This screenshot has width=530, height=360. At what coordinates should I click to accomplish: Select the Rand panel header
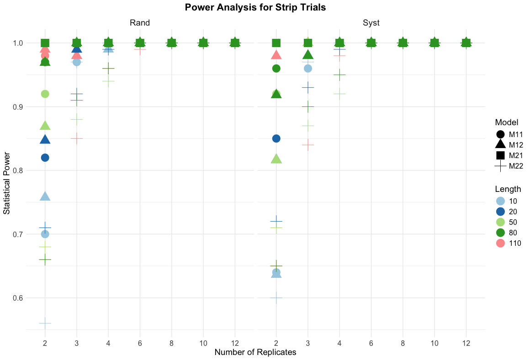click(x=140, y=22)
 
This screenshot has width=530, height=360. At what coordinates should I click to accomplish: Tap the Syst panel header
click(x=371, y=22)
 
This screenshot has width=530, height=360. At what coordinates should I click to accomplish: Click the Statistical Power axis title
click(x=7, y=183)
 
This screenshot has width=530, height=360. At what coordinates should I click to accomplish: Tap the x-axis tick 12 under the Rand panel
click(x=235, y=343)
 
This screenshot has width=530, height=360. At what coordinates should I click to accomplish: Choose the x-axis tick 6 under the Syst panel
click(x=371, y=343)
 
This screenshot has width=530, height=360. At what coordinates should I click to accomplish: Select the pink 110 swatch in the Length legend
click(x=500, y=243)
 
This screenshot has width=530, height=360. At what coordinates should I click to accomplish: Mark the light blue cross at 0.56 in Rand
click(x=45, y=323)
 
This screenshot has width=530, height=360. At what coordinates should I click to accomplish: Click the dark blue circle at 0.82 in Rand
click(x=45, y=158)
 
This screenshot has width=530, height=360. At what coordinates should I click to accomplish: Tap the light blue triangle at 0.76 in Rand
click(x=45, y=196)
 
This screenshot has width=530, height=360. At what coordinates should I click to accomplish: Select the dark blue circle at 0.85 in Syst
click(x=276, y=138)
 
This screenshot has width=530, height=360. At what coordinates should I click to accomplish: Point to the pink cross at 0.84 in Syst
click(x=308, y=145)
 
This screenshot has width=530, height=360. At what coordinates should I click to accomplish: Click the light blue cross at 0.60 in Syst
click(x=276, y=297)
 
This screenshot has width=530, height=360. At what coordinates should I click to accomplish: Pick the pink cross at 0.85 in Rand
click(x=77, y=138)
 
